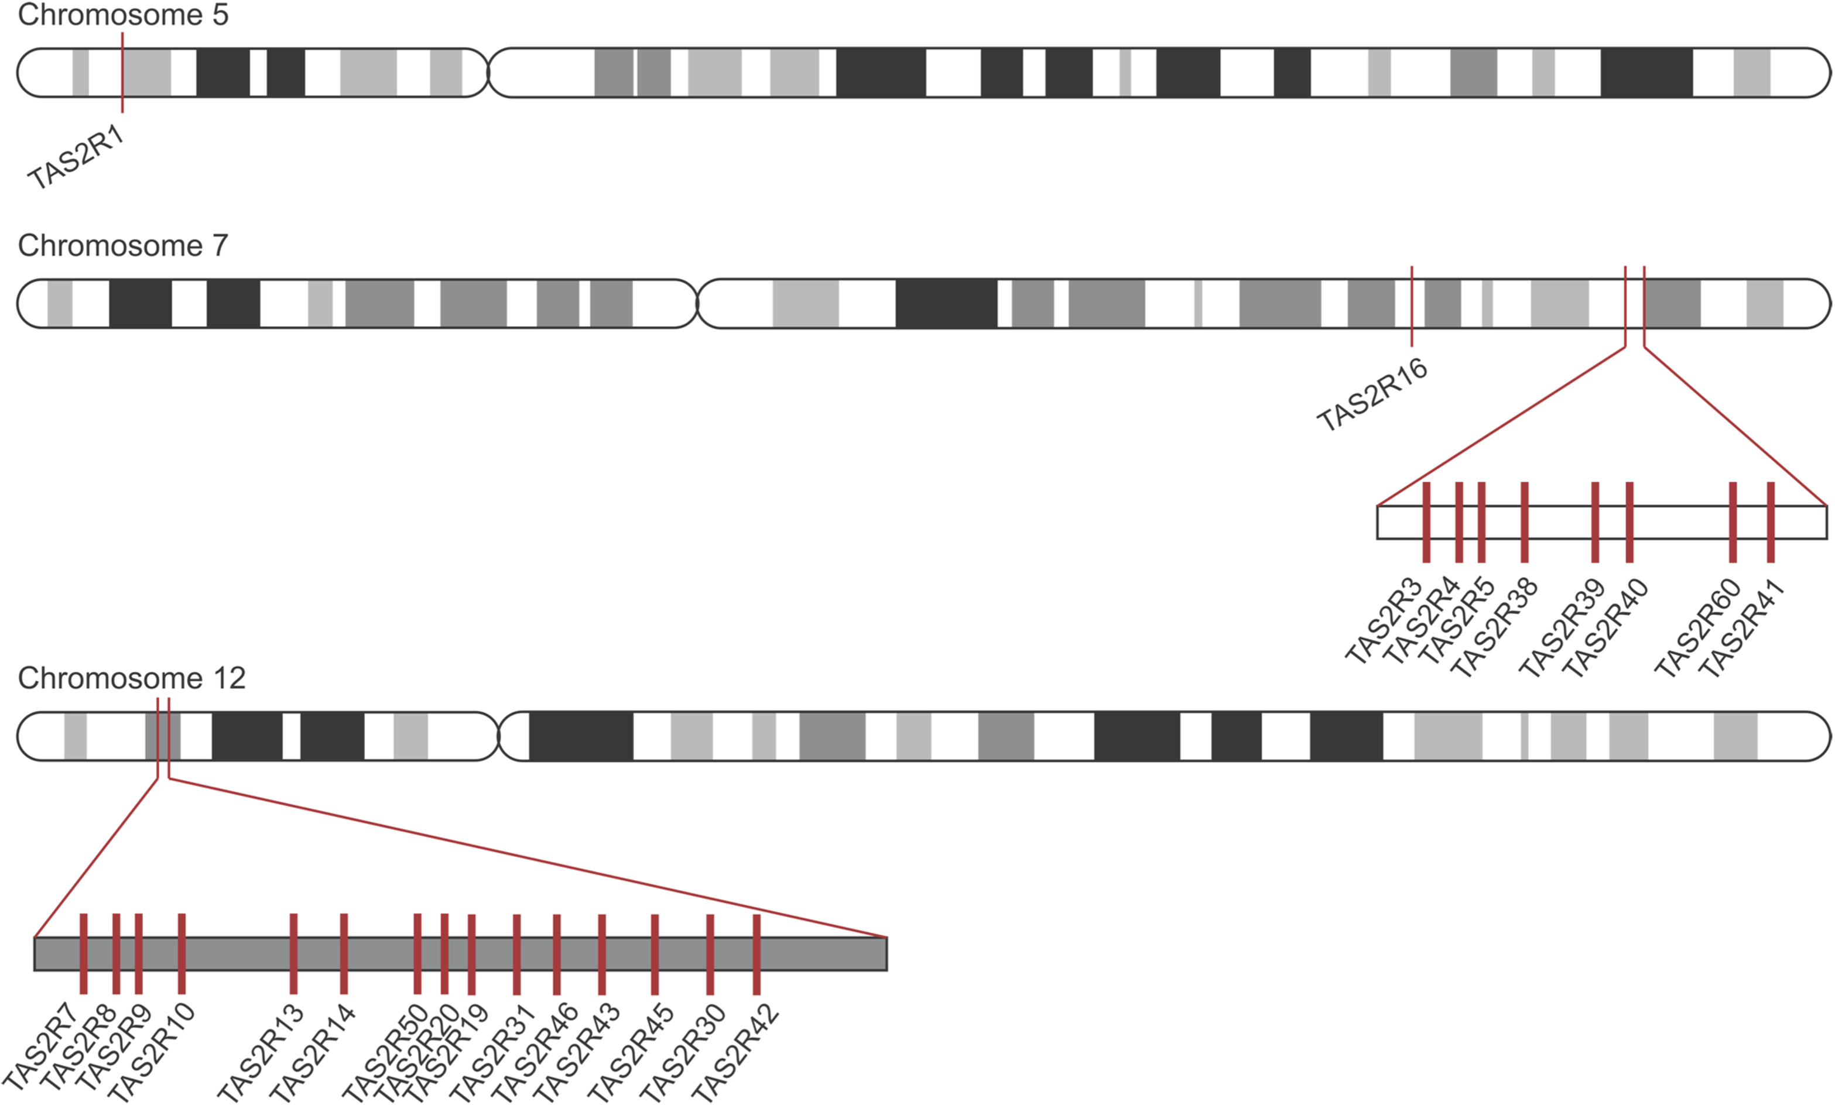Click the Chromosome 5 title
[123, 15]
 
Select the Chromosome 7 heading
[123, 246]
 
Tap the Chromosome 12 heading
[132, 678]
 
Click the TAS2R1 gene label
[77, 158]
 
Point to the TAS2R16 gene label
[1372, 394]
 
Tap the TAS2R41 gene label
[1741, 629]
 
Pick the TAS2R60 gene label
[1698, 629]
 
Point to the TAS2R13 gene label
[261, 1053]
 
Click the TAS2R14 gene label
[312, 1053]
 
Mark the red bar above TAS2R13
[293, 954]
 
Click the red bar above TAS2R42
[756, 954]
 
